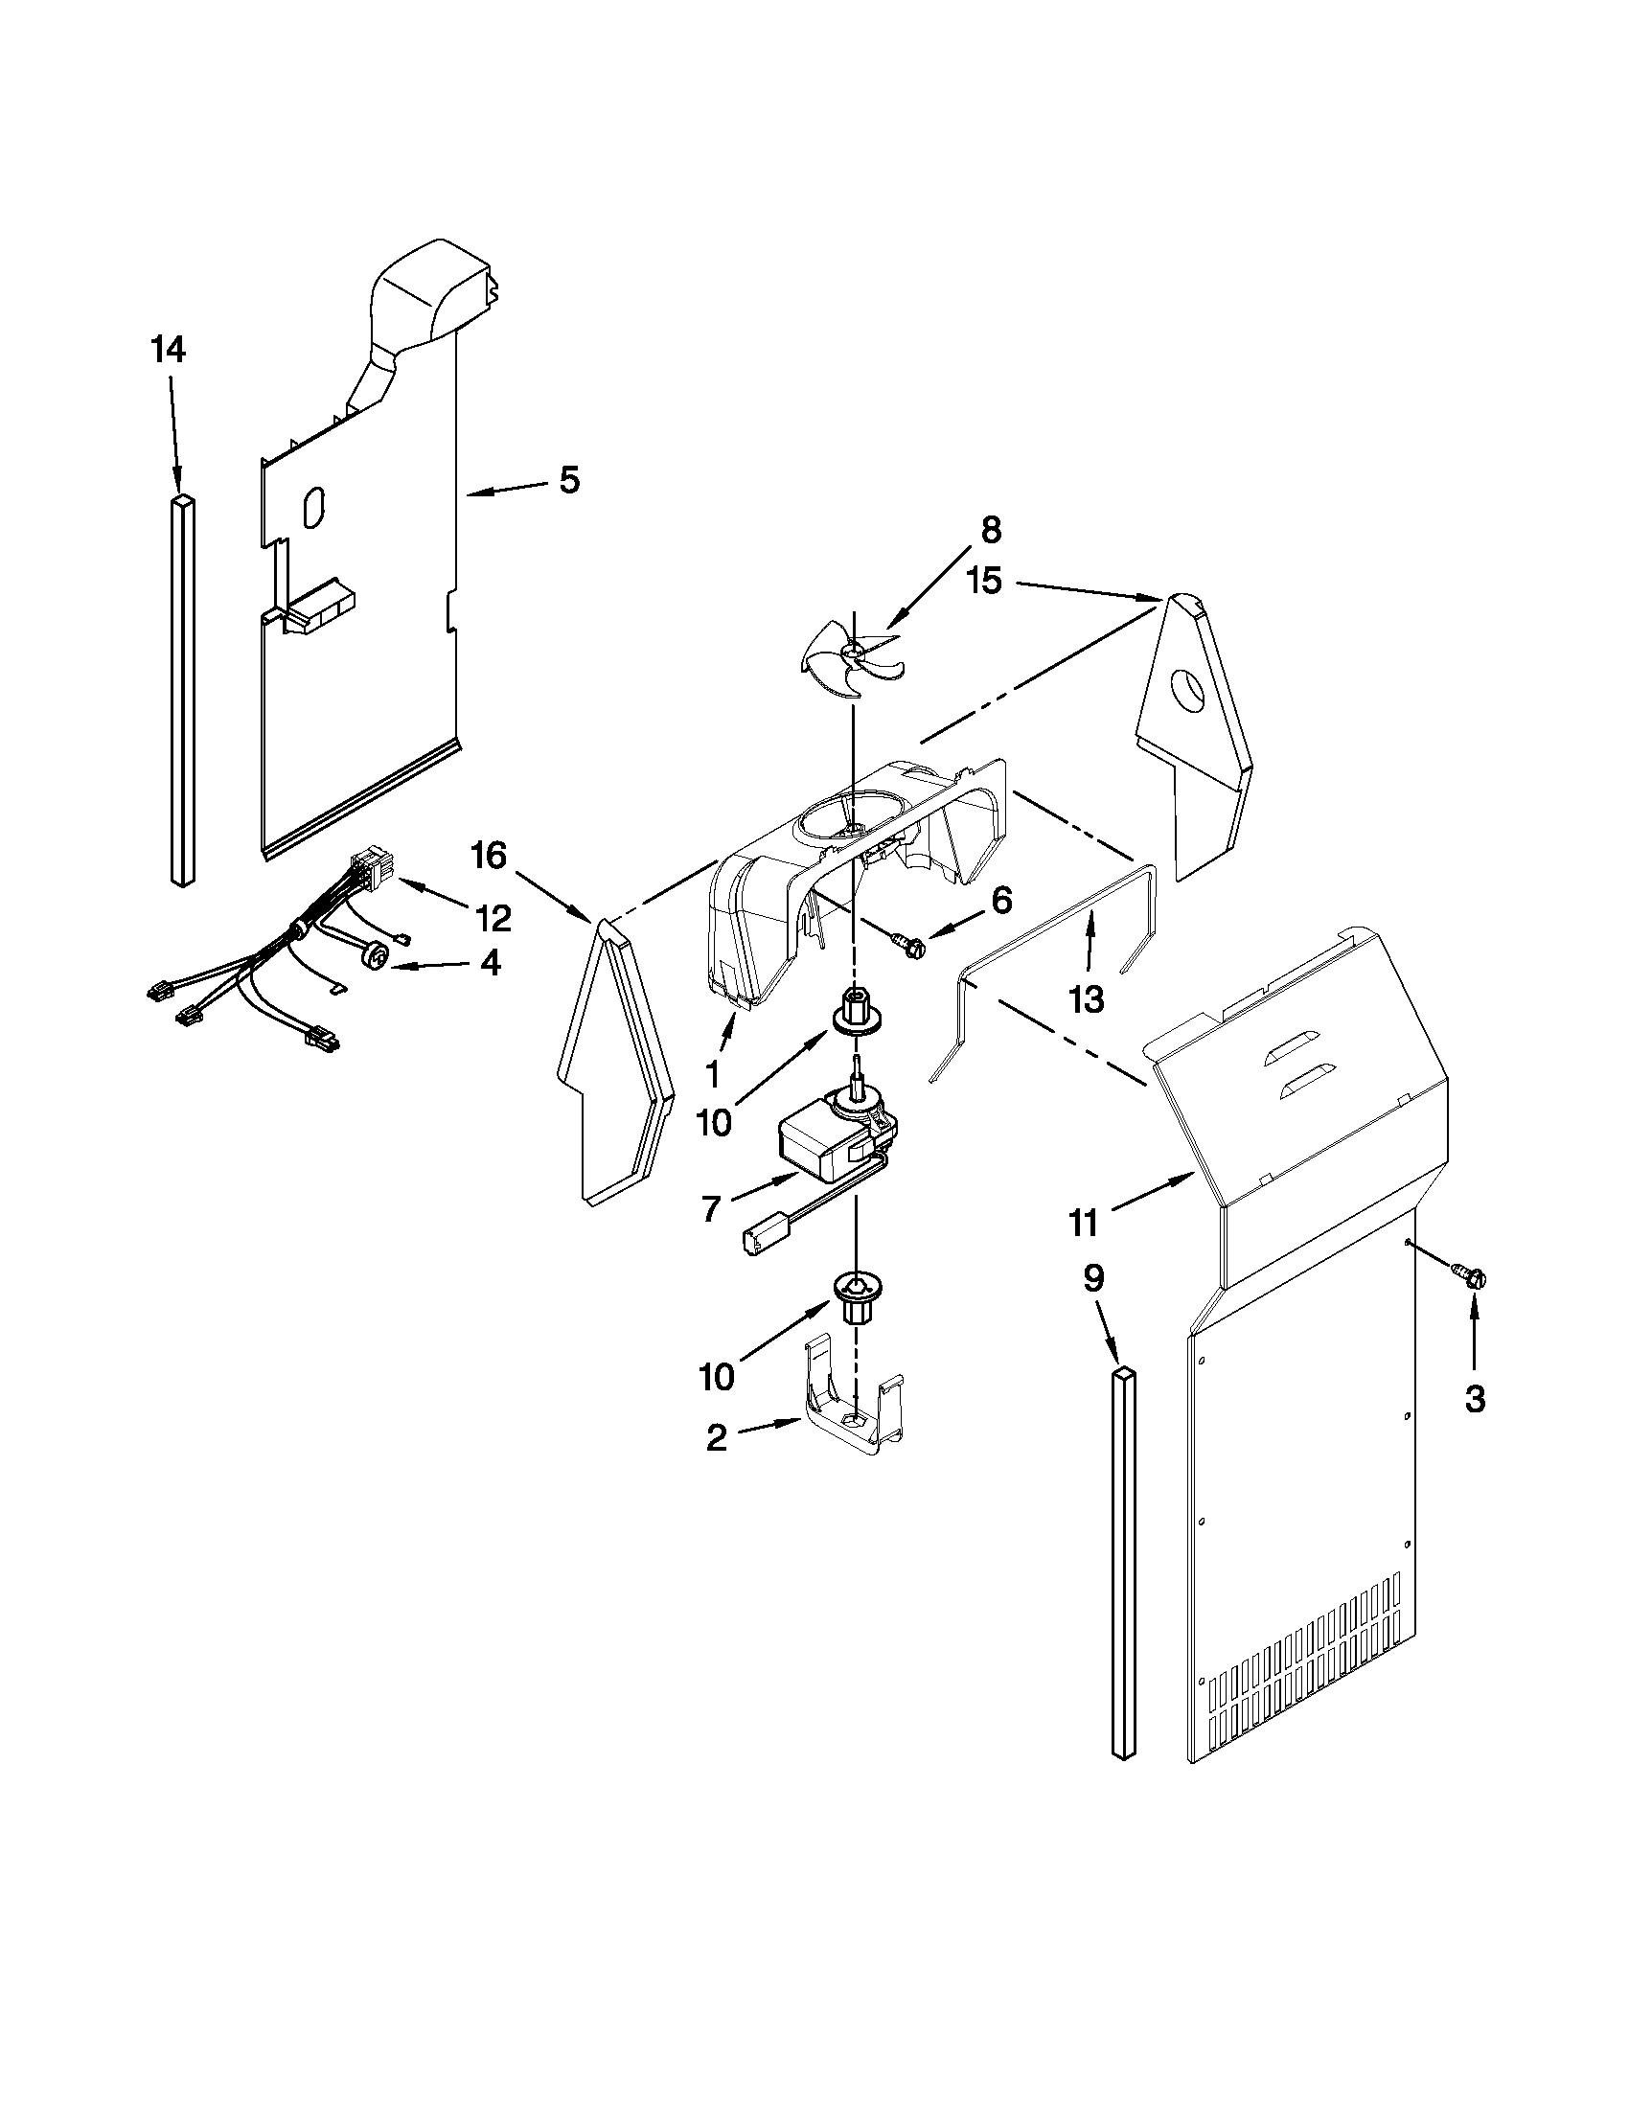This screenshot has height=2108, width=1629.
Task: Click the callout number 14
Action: [168, 352]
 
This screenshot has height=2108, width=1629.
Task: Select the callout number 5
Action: [569, 480]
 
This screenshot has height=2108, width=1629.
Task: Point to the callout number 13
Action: [1087, 1000]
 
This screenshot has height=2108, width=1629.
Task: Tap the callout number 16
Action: [489, 855]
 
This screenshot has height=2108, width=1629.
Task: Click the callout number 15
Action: [986, 582]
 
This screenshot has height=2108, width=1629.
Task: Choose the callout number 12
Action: [493, 918]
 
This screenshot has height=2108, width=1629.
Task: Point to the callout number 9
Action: [1092, 1279]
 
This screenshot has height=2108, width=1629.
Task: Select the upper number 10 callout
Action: [715, 1124]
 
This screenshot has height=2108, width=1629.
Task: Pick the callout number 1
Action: [713, 1072]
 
